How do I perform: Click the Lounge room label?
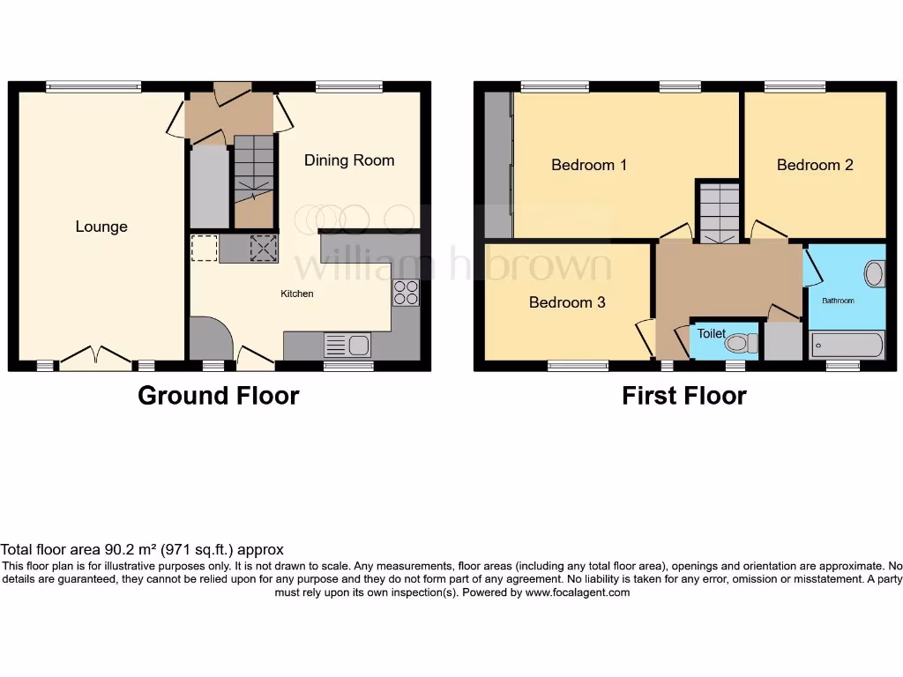point(101,227)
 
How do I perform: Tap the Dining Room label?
point(349,160)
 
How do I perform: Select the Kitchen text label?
point(297,294)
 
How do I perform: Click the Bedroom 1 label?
point(589,165)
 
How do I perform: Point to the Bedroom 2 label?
point(815,165)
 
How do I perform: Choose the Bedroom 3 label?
point(567,302)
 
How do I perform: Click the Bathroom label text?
point(838,301)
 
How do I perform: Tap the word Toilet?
point(712,334)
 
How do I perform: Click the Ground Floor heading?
point(218,396)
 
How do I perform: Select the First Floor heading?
point(683,396)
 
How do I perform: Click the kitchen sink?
point(349,345)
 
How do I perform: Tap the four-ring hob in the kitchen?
point(406,293)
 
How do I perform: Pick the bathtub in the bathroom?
point(847,345)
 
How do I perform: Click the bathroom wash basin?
point(874,274)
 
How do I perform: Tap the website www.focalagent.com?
point(578,593)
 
